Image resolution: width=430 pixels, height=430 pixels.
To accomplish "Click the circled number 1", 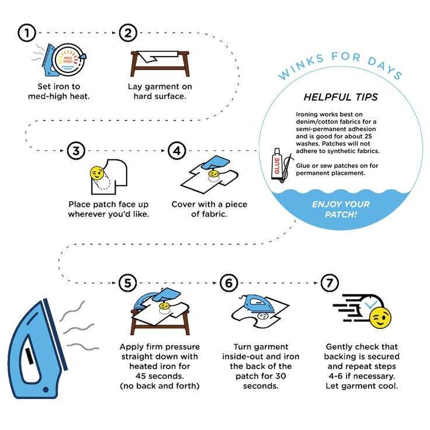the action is click(x=27, y=33).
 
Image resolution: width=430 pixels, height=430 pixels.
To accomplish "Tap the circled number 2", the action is click(x=128, y=33).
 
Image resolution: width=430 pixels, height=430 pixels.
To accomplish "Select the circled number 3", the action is click(x=76, y=151).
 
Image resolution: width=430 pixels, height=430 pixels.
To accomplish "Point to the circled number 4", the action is click(x=177, y=151).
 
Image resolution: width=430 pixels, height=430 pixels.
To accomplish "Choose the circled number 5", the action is click(x=128, y=283).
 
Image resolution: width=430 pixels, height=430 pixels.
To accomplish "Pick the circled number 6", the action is click(x=228, y=283).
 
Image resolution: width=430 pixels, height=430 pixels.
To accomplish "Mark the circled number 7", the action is click(x=330, y=283).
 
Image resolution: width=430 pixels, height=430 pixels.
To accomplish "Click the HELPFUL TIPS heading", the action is click(x=341, y=97).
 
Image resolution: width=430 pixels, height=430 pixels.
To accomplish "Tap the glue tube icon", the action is click(x=277, y=164).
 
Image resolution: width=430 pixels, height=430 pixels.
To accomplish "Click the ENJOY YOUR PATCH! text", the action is click(x=341, y=209).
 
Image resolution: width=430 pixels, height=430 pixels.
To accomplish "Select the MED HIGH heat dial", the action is click(x=68, y=60).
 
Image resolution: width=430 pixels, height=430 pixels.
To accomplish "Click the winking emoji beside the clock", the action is click(x=380, y=318).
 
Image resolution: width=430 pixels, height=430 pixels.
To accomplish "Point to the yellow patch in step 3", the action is click(x=97, y=173).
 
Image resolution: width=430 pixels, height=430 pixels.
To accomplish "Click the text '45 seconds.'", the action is click(x=159, y=376).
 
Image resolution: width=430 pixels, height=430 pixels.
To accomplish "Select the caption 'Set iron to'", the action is click(x=59, y=86).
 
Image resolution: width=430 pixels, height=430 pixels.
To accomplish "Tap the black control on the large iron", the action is click(x=29, y=356).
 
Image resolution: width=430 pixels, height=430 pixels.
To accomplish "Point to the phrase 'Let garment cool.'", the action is click(x=362, y=386).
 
